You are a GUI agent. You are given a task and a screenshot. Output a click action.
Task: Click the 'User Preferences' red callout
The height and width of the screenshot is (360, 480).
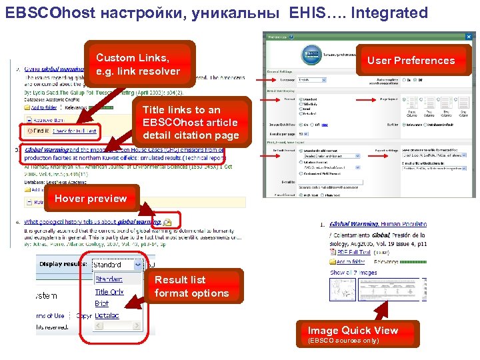[x=411, y=60]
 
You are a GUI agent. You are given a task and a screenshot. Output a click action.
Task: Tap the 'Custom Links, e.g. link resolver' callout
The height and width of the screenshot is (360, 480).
[x=138, y=65]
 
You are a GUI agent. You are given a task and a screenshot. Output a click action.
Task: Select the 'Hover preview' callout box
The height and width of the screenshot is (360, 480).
[x=91, y=198]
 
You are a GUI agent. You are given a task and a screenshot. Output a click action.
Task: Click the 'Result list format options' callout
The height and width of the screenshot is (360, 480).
[x=191, y=287]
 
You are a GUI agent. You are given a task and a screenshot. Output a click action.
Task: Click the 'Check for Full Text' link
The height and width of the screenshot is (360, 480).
[x=75, y=131]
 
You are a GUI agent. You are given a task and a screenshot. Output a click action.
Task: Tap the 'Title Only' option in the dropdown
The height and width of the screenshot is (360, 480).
[x=109, y=292]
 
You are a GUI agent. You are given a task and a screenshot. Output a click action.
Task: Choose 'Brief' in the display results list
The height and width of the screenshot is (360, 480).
[x=101, y=303]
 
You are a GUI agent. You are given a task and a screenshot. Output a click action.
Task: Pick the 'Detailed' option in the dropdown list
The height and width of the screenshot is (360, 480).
[x=107, y=314]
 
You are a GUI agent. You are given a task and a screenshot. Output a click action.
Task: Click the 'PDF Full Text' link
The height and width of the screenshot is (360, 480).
[x=354, y=253]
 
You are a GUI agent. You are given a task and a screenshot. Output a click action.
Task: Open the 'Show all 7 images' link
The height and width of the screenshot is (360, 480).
[x=354, y=272]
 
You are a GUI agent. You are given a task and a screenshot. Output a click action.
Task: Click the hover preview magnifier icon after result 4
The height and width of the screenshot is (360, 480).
[x=168, y=221]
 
